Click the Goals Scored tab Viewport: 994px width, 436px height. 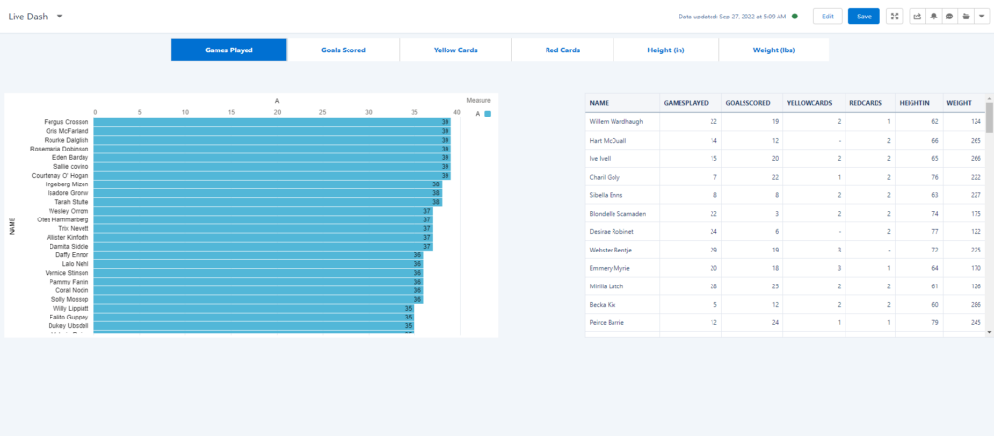[344, 50]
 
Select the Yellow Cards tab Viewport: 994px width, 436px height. [454, 50]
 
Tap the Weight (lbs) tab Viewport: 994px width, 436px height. [774, 50]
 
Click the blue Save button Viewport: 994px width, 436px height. [863, 17]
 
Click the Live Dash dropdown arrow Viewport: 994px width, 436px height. [60, 17]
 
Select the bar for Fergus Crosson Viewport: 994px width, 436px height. [272, 122]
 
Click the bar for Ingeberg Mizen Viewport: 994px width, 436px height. [268, 184]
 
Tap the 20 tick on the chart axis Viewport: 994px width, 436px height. [277, 112]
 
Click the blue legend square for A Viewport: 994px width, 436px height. [487, 114]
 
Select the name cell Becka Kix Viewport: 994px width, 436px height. [605, 304]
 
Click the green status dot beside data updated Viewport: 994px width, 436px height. [794, 17]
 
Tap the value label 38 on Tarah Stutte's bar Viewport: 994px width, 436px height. [436, 202]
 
